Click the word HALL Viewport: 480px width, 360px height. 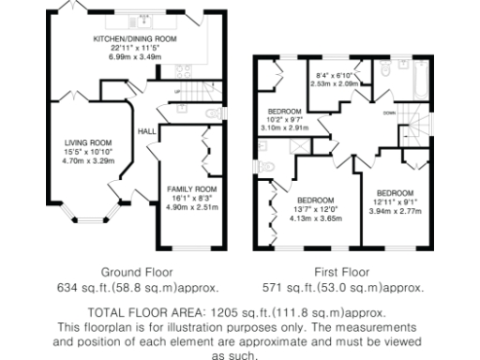147,131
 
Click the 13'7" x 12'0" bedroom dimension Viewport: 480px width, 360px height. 315,209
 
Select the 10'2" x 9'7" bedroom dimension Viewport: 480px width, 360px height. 284,120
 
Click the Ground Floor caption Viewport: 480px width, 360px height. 137,274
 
